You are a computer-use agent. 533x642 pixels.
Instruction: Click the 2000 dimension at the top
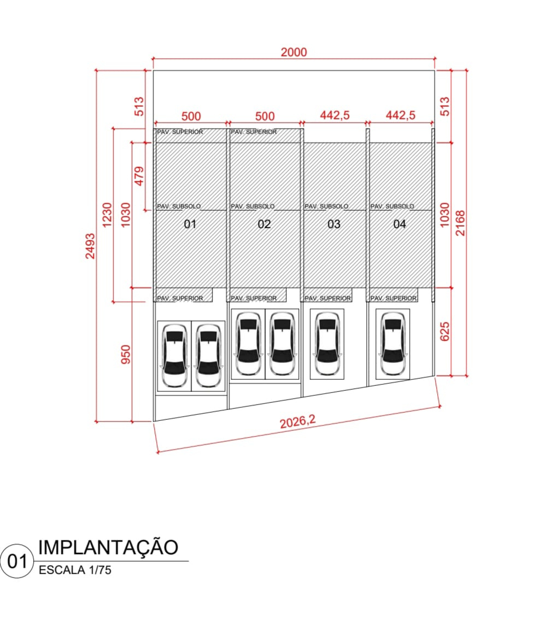tap(294, 52)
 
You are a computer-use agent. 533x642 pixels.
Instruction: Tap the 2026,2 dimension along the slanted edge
tap(298, 421)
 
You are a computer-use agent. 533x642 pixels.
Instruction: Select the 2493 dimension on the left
tap(90, 246)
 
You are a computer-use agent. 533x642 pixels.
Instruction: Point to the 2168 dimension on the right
tap(461, 223)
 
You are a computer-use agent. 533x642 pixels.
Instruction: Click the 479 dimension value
tap(139, 176)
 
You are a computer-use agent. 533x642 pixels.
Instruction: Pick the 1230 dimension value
tap(107, 215)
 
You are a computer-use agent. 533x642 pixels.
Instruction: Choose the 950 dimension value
tap(126, 354)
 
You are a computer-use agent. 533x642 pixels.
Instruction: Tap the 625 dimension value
tap(444, 332)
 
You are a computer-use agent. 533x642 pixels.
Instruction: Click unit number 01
tap(190, 224)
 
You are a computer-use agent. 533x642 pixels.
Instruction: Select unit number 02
tap(264, 224)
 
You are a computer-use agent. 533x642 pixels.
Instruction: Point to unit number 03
tap(334, 224)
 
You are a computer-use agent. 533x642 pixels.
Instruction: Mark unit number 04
tap(399, 224)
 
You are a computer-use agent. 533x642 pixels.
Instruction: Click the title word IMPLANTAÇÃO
tap(108, 547)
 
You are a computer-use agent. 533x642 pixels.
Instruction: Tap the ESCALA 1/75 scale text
tap(75, 570)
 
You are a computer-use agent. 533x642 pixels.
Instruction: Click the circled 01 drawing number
tap(17, 561)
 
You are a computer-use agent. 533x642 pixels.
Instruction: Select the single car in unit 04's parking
tap(393, 344)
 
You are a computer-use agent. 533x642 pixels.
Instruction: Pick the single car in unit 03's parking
tap(327, 344)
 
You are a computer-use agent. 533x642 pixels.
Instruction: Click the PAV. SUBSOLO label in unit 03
tap(326, 206)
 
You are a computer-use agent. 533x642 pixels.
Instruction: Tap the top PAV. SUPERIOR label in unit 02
tap(254, 132)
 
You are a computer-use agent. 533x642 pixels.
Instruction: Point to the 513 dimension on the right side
tap(444, 107)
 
